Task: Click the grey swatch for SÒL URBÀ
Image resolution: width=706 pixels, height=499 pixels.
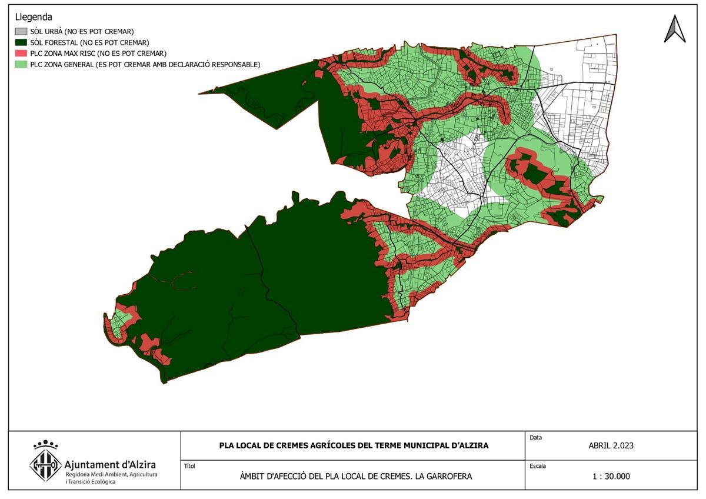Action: (21, 31)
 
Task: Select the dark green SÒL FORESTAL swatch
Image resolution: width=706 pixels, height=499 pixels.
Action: (21, 42)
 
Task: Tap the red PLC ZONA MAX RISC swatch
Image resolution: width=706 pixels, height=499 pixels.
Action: (21, 54)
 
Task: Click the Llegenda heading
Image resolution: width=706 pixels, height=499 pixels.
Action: (34, 17)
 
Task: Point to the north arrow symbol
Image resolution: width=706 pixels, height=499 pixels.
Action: (675, 29)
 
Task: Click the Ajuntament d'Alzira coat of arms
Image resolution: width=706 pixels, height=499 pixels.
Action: (45, 463)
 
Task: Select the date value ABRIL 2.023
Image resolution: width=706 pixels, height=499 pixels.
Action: (611, 445)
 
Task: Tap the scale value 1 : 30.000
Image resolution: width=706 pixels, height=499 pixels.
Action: (611, 476)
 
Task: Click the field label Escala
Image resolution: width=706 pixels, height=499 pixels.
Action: (538, 466)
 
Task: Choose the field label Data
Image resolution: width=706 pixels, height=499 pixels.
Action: (535, 438)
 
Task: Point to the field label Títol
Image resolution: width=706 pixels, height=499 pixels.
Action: (189, 466)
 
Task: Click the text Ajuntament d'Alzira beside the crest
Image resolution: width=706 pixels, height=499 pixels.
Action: (110, 464)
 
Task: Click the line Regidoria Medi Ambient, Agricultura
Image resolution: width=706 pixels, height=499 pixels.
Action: (111, 474)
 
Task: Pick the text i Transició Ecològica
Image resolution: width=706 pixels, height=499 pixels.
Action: (90, 481)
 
